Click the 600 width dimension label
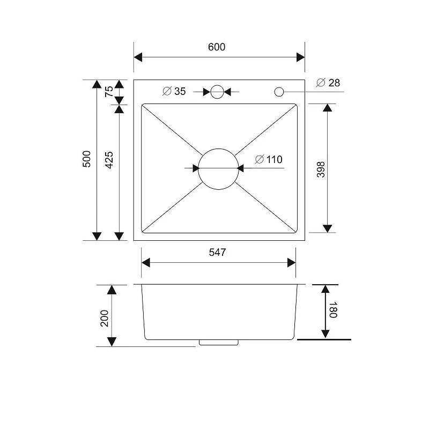(x=217, y=47)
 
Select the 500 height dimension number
(x=87, y=159)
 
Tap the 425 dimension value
(x=109, y=160)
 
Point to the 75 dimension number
(x=109, y=91)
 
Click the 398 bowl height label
(x=321, y=169)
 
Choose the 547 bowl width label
(x=218, y=252)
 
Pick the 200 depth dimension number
(x=105, y=318)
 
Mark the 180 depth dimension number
(x=332, y=310)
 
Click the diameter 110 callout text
(x=269, y=159)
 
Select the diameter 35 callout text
(x=174, y=91)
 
